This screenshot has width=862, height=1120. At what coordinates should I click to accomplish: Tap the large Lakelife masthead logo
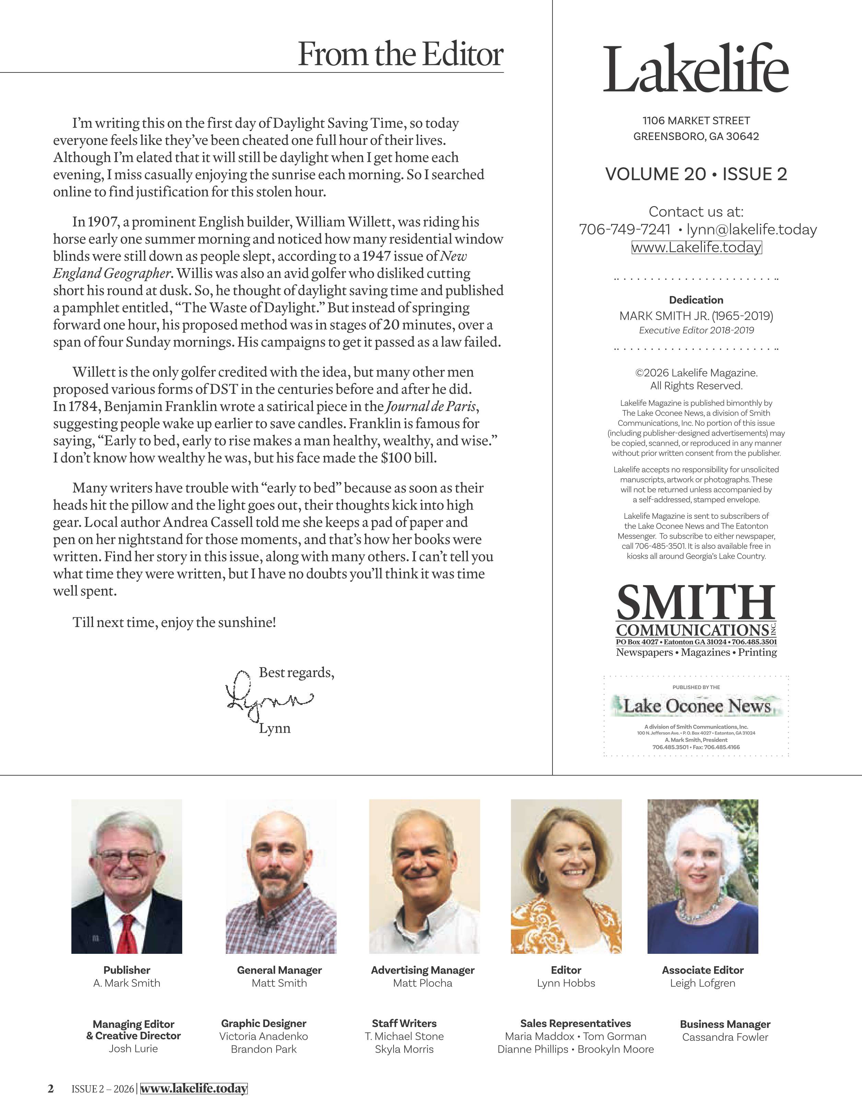click(696, 69)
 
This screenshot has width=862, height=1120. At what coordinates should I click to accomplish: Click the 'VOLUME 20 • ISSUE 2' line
click(696, 174)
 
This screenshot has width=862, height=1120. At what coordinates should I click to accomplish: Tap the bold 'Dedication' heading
click(696, 300)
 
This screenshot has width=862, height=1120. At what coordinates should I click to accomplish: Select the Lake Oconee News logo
click(697, 706)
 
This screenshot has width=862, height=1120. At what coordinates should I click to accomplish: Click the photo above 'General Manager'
click(281, 876)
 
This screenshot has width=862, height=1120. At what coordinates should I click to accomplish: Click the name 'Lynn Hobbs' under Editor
click(566, 983)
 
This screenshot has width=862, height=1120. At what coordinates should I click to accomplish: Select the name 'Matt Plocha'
click(422, 983)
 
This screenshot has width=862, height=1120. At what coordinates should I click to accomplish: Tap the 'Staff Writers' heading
click(404, 1023)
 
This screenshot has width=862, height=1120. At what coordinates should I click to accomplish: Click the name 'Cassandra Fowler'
click(725, 1037)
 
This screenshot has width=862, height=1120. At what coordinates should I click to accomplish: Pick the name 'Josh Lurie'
click(133, 1049)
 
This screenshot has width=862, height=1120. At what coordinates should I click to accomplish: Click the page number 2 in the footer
click(50, 1089)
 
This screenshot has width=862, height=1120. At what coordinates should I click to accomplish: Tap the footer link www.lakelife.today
click(194, 1089)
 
